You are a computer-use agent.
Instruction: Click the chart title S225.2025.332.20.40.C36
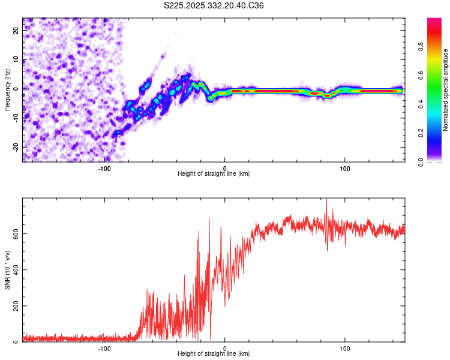click(214, 5)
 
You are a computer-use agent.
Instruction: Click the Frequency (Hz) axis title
click(7, 89)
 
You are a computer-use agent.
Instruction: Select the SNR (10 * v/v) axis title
click(7, 270)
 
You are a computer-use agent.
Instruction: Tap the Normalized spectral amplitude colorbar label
click(445, 90)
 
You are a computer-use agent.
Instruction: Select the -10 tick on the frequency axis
click(16, 118)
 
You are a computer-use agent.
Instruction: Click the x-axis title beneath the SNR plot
click(214, 354)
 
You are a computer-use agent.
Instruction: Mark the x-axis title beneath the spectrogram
click(214, 173)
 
